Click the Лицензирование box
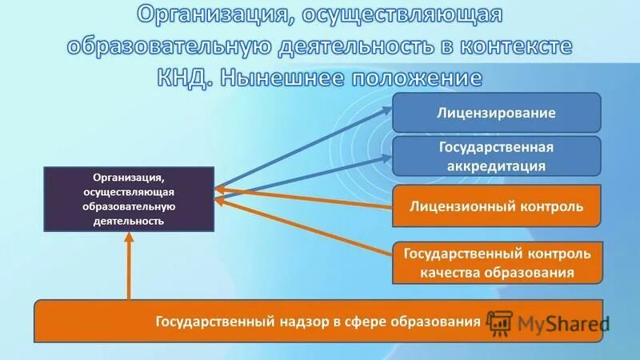click(496, 112)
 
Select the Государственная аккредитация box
click(496, 156)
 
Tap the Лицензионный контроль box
click(496, 206)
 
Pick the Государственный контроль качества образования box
click(496, 262)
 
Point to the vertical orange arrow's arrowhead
click(129, 244)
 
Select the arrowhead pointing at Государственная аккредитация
click(383, 158)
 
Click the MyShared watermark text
click(563, 323)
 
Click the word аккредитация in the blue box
click(496, 166)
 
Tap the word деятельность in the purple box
click(129, 220)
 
